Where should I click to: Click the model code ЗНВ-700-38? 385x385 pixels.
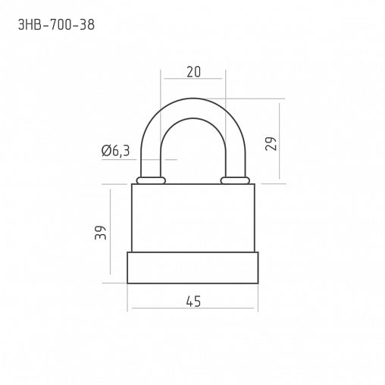tap(56, 25)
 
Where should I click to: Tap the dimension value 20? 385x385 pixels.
tap(194, 72)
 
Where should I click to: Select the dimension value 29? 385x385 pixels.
tap(271, 144)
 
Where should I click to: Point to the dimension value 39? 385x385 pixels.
tap(101, 233)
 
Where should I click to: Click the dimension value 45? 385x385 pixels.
tap(193, 302)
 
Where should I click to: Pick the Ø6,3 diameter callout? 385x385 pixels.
tap(115, 151)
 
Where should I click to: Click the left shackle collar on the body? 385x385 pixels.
tap(151, 180)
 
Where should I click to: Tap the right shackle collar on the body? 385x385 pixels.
tap(235, 180)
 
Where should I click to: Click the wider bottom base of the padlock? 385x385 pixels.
tap(192, 268)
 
